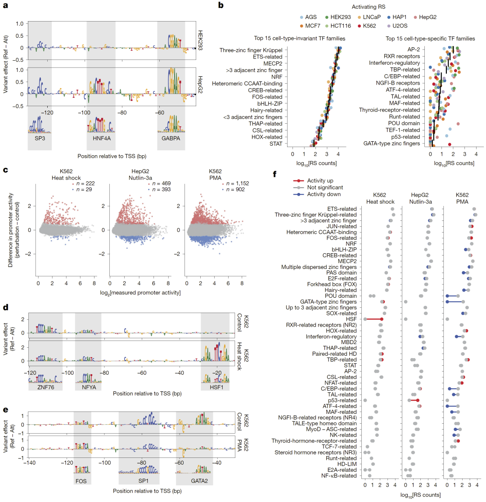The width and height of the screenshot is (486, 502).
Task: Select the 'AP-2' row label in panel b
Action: pos(414,49)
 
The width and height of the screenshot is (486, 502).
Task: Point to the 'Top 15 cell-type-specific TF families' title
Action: pos(429,39)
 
